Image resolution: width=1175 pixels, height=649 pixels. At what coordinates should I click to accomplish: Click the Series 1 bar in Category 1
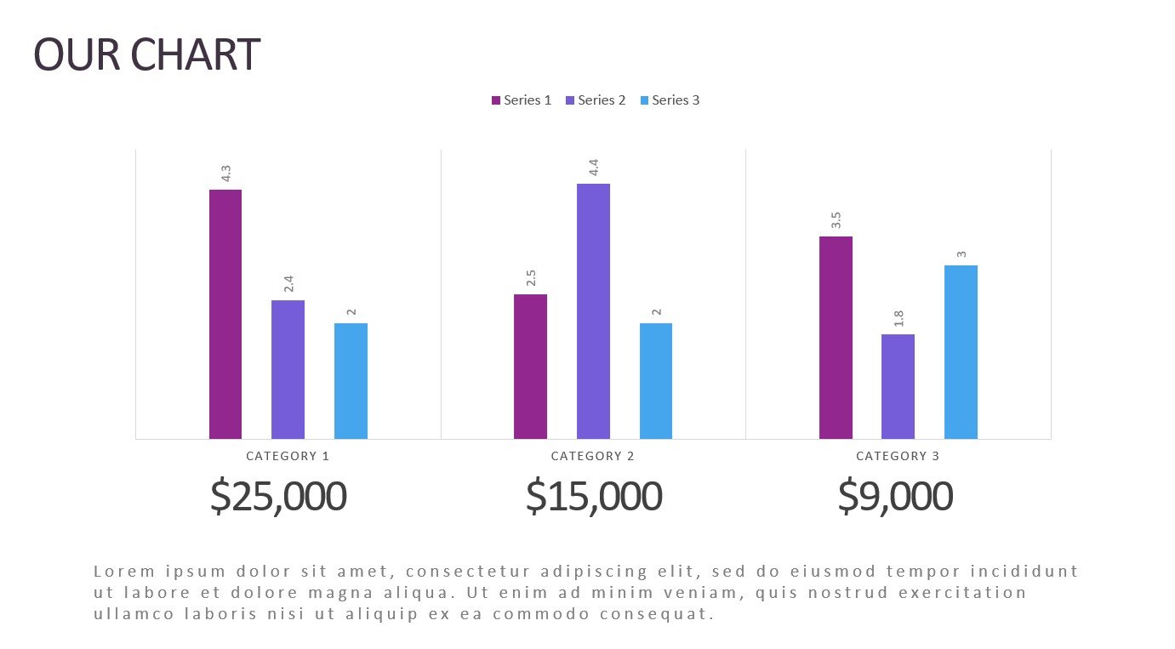(x=225, y=314)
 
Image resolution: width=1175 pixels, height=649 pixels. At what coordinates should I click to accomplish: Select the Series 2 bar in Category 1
(x=288, y=369)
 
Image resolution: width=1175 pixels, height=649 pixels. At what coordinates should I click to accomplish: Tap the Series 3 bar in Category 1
(x=351, y=381)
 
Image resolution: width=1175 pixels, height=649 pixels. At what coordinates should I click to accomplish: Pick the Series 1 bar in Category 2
(x=530, y=367)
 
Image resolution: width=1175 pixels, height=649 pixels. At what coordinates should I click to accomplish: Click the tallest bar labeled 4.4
(x=593, y=311)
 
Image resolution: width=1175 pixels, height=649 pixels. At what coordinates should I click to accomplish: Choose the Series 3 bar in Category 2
(x=656, y=381)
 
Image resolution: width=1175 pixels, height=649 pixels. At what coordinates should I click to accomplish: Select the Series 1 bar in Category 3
(x=836, y=338)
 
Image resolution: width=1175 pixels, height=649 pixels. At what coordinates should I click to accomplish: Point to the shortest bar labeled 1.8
(x=898, y=386)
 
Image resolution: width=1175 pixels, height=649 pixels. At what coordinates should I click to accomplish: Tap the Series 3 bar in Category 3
(x=961, y=352)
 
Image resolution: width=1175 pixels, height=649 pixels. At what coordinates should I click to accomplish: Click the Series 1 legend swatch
(x=496, y=100)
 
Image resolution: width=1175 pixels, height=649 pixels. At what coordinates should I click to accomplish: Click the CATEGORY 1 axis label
(x=288, y=456)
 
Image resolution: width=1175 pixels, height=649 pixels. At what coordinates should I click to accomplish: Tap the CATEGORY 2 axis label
(x=593, y=456)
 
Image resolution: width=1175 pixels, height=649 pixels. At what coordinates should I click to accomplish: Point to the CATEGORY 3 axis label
(x=898, y=456)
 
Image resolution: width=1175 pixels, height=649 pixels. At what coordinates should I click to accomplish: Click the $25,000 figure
(x=278, y=497)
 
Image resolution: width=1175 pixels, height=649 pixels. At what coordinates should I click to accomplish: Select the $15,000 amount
(x=593, y=497)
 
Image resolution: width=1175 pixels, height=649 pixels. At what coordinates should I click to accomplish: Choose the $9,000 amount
(x=895, y=497)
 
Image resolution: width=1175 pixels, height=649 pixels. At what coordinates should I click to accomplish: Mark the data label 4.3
(x=225, y=174)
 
